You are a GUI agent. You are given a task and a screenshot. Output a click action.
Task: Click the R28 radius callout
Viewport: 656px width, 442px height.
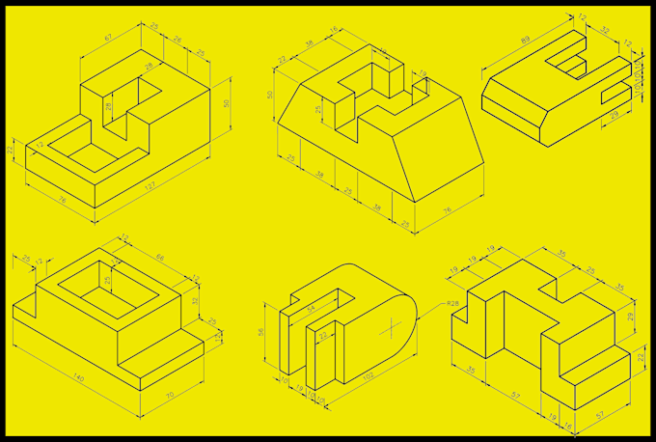(x=453, y=305)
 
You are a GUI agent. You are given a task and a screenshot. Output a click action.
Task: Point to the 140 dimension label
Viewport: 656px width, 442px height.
(x=77, y=377)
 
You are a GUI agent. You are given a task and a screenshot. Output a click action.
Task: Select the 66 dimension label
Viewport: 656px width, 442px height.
(x=161, y=258)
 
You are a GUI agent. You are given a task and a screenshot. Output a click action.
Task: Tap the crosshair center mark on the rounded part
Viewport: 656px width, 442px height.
(x=395, y=328)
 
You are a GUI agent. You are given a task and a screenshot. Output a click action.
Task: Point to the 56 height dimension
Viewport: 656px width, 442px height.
(x=260, y=331)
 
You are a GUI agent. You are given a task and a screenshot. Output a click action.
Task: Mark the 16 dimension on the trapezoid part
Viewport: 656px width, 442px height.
(x=334, y=31)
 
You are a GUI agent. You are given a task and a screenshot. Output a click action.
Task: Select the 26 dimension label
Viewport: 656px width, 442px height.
(x=178, y=40)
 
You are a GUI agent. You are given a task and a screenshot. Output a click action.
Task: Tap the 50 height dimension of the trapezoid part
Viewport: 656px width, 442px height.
(x=272, y=94)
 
